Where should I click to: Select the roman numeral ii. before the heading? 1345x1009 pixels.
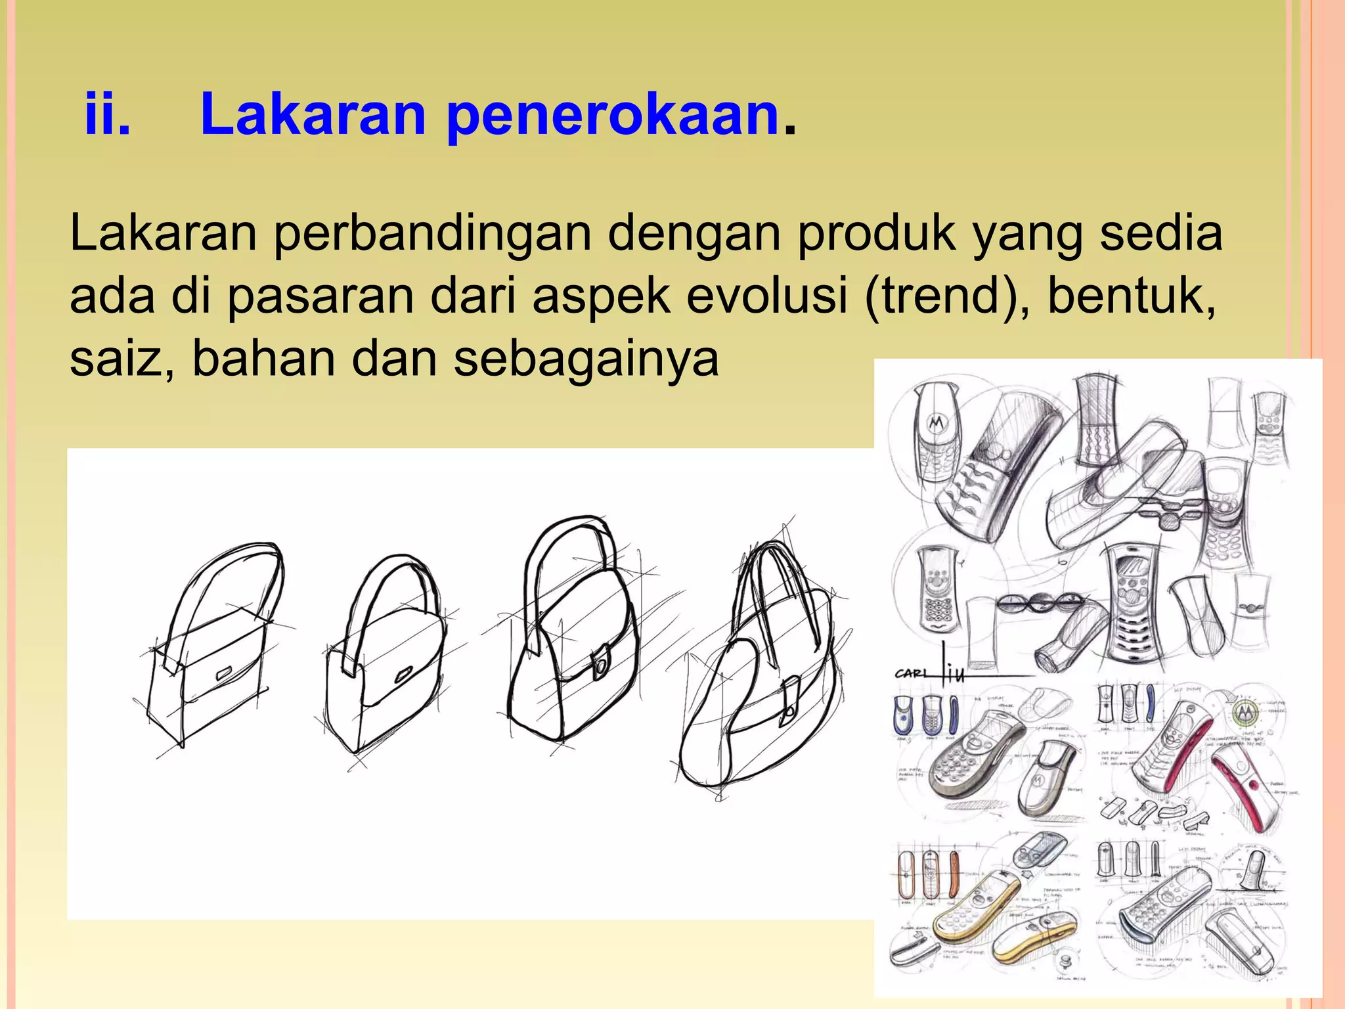pyautogui.click(x=107, y=114)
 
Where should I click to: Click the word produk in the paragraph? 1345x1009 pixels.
pyautogui.click(x=876, y=234)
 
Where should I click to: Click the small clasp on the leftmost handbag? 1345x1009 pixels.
pyautogui.click(x=223, y=673)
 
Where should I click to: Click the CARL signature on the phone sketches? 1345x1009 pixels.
pyautogui.click(x=910, y=673)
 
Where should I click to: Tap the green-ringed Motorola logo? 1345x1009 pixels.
pyautogui.click(x=1243, y=710)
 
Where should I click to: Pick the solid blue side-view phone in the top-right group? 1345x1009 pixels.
pyautogui.click(x=1149, y=702)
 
